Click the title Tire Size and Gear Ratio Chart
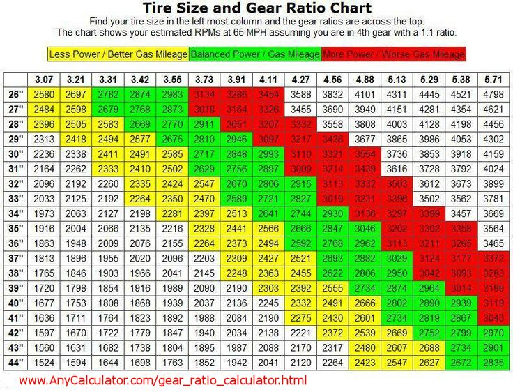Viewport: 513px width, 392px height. [256, 8]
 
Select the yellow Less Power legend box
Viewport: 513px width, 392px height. [118, 54]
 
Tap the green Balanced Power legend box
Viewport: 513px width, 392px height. [254, 54]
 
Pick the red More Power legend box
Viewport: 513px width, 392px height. [393, 54]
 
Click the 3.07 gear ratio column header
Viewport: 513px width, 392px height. [44, 79]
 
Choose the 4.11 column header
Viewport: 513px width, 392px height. [268, 79]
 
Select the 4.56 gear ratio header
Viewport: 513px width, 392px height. [332, 79]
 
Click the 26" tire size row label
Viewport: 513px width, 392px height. [16, 94]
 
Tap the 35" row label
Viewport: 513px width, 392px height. [16, 228]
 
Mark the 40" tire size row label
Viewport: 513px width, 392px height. [16, 303]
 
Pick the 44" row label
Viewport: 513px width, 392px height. [16, 362]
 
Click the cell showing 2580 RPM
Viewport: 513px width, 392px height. [44, 94]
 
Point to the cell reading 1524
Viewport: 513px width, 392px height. [44, 362]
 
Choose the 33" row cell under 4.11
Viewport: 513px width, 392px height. [268, 199]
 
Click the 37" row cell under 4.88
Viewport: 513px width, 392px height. [365, 258]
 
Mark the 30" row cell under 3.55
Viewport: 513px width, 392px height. [172, 154]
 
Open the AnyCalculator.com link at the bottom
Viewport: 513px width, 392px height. [162, 381]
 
